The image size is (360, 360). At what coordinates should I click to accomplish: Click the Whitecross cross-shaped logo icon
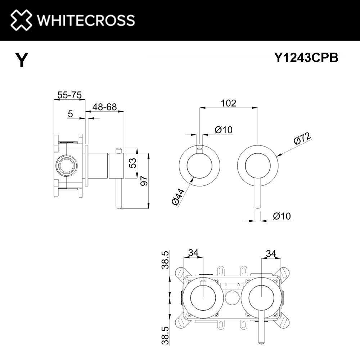(x=21, y=20)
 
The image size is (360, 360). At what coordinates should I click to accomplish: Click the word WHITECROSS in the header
(x=86, y=20)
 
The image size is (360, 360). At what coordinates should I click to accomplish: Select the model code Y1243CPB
(x=306, y=58)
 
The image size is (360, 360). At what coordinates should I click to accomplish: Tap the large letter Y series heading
(x=22, y=60)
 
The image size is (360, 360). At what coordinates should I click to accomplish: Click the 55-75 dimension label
(x=69, y=95)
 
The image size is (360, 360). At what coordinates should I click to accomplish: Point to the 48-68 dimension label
(x=104, y=107)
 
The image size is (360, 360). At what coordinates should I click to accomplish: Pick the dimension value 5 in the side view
(x=71, y=114)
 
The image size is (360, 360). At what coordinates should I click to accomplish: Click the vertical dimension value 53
(x=133, y=163)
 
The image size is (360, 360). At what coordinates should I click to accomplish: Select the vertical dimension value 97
(x=144, y=181)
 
